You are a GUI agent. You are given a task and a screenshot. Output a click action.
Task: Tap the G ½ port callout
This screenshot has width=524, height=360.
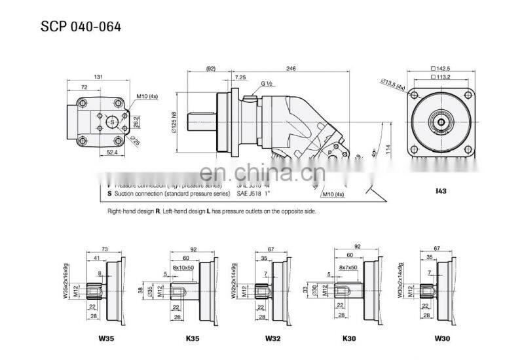tap(267, 84)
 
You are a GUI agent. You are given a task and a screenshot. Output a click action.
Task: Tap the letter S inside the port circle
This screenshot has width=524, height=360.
tap(112, 122)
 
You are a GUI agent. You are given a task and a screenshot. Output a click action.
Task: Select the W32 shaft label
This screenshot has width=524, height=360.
tap(272, 338)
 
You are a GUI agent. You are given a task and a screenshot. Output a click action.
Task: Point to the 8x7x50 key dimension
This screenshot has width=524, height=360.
tap(349, 268)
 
